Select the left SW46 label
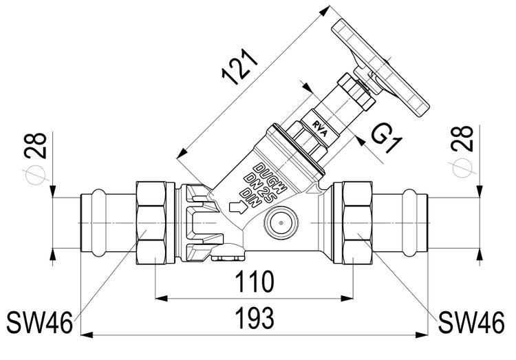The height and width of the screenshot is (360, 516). coord(39,321)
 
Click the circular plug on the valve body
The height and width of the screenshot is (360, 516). coord(279,224)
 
